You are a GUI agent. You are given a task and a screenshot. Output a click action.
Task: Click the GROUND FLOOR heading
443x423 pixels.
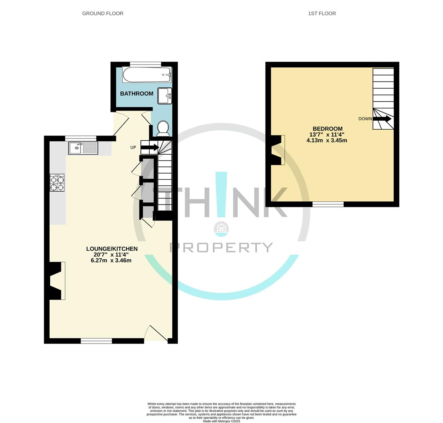coord(102,13)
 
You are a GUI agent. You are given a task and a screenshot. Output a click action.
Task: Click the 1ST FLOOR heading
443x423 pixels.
coord(322,13)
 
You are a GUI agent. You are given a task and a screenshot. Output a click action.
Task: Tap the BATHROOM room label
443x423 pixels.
coord(137,94)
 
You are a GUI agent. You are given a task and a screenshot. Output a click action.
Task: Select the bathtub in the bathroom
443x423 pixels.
coord(147,75)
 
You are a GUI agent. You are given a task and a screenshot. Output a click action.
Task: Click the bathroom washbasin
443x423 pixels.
coord(165,96)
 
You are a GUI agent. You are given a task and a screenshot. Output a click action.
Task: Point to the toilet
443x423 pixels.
coord(163,129)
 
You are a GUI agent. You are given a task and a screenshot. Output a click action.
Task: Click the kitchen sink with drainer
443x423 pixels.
coord(83,148)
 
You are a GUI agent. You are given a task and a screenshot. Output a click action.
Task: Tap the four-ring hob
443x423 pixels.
coord(57,183)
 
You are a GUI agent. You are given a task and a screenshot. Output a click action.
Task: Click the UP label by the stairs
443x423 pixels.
coord(133,147)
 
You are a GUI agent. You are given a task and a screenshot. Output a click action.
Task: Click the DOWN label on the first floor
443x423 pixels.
coord(365,119)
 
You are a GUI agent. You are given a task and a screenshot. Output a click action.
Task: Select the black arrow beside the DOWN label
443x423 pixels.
coord(382,119)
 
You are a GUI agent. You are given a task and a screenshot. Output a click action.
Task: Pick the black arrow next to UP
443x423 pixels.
coord(150,147)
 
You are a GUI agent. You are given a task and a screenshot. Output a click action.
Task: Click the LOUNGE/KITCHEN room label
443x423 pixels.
coord(112,249)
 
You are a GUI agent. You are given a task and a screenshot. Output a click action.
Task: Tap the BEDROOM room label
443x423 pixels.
coord(327,129)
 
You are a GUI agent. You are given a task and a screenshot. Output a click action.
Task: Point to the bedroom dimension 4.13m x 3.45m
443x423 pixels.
coord(326,140)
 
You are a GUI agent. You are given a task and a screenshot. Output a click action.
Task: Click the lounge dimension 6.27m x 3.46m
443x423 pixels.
coord(111,260)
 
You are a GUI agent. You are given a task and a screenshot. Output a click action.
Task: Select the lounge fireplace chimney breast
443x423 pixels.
coord(56,281)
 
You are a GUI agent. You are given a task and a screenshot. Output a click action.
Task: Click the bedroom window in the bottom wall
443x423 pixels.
coord(328,204)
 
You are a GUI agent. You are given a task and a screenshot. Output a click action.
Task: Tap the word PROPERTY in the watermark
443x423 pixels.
coord(221,248)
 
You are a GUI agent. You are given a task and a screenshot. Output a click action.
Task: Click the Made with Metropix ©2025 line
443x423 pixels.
coord(221,421)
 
